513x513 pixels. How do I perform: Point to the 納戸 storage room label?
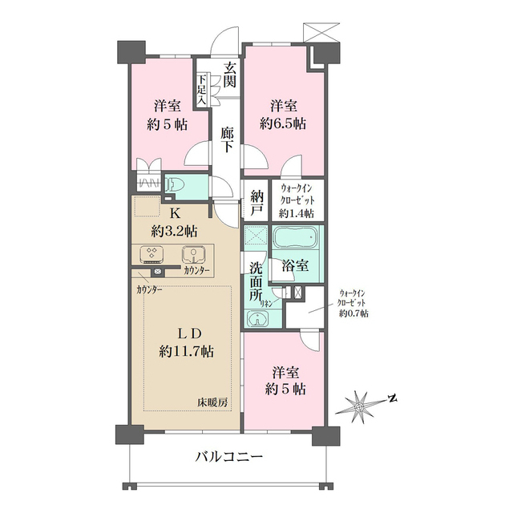pyautogui.click(x=256, y=204)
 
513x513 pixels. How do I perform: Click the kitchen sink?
pyautogui.click(x=193, y=255)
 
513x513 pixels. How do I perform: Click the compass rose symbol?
pyautogui.click(x=360, y=406)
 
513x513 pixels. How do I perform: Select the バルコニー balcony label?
pyautogui.click(x=229, y=458)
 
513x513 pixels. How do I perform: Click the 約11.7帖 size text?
pyautogui.click(x=186, y=350)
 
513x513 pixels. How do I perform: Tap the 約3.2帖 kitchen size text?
pyautogui.click(x=174, y=232)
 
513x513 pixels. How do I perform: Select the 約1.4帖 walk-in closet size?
pyautogui.click(x=297, y=213)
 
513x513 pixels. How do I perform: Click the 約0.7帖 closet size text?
pyautogui.click(x=353, y=314)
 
